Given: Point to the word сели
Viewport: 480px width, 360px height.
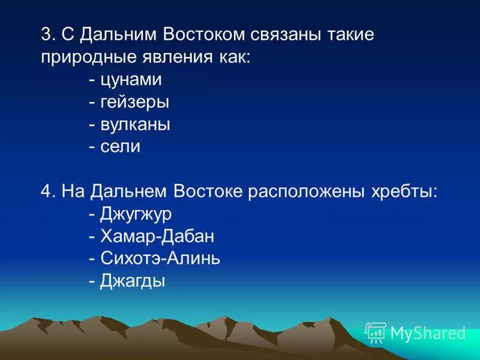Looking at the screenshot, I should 120,146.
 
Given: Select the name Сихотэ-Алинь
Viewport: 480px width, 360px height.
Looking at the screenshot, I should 160,258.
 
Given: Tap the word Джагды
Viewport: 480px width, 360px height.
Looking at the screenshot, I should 132,281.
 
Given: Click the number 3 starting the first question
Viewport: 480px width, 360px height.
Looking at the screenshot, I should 47,34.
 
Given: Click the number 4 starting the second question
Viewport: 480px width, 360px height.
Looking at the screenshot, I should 47,191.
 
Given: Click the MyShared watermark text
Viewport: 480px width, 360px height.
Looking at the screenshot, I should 427,333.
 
